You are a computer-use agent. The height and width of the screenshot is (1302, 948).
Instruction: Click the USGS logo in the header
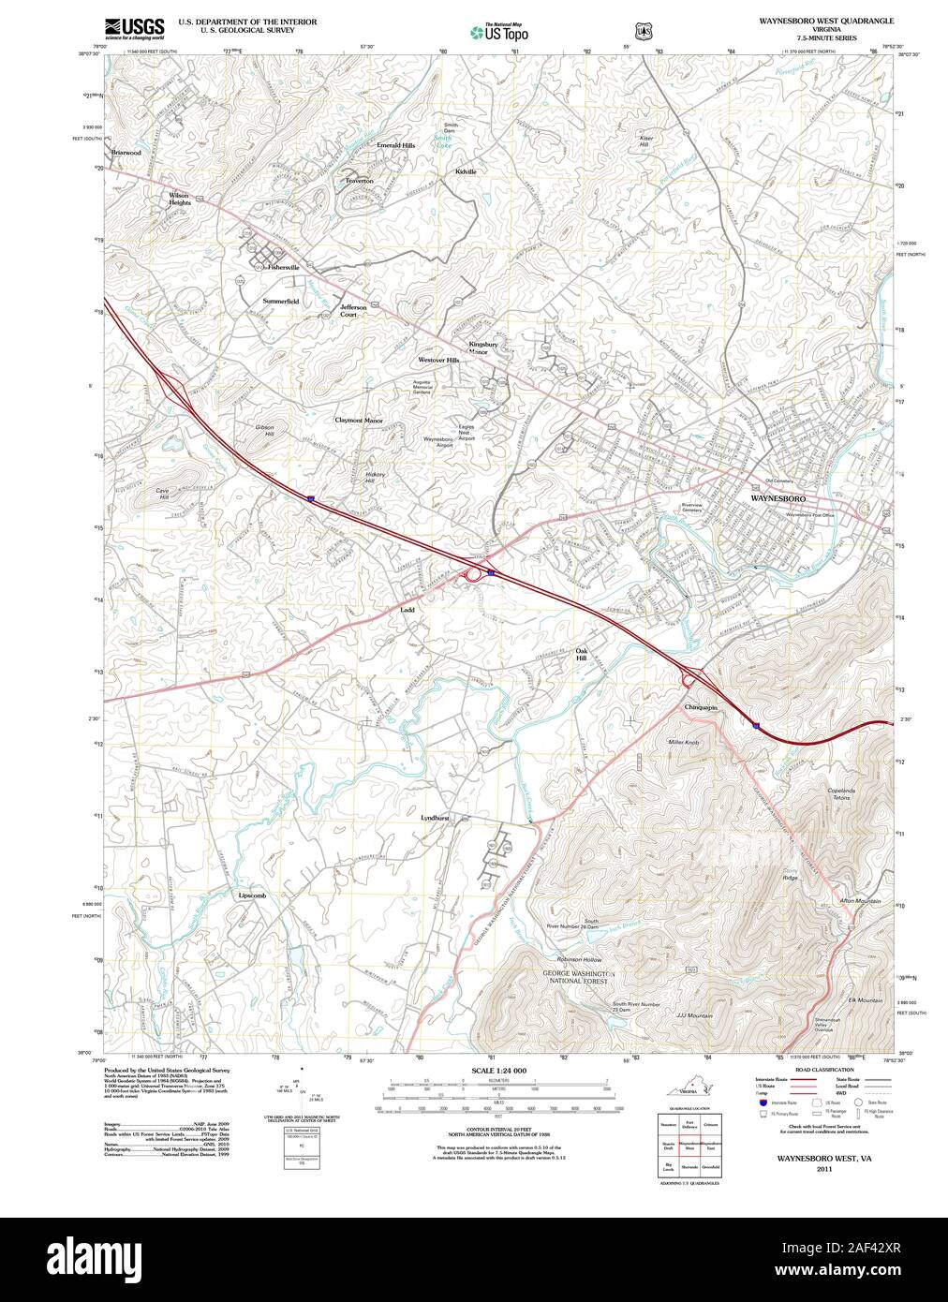click(x=134, y=25)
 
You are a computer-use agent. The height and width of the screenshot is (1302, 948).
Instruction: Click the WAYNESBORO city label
click(x=778, y=500)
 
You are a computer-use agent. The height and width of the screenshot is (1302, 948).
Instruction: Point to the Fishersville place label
click(x=283, y=267)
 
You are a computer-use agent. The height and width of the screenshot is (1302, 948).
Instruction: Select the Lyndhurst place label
click(x=436, y=818)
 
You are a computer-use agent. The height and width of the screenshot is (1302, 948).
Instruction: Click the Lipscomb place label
click(x=252, y=896)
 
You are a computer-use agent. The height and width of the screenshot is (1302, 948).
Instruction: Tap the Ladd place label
click(x=407, y=609)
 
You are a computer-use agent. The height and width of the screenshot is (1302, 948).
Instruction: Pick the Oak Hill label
click(x=582, y=654)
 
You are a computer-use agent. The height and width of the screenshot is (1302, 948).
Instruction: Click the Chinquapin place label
click(x=701, y=707)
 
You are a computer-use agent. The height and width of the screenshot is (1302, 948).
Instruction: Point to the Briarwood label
click(x=126, y=152)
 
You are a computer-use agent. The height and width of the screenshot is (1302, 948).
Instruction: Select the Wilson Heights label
click(x=179, y=199)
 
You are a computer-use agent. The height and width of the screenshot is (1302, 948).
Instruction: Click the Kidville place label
click(x=466, y=171)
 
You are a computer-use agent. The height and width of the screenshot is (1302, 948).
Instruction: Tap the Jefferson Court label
click(x=353, y=311)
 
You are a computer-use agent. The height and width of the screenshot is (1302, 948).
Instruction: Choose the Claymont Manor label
click(x=359, y=421)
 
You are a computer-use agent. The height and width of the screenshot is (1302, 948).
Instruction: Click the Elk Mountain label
click(x=866, y=1000)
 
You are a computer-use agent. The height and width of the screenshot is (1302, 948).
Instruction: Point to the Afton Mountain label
click(x=861, y=901)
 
